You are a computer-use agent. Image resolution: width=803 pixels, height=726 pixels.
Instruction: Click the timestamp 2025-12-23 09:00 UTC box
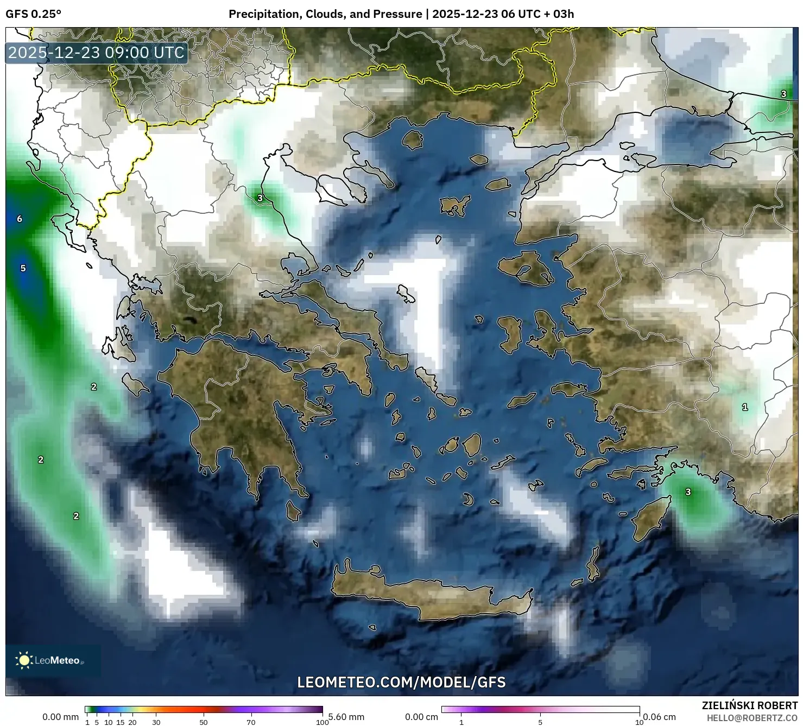(97, 53)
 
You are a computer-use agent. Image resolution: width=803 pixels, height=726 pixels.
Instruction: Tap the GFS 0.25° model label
(34, 14)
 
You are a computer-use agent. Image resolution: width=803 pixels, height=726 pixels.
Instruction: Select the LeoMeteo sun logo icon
(24, 660)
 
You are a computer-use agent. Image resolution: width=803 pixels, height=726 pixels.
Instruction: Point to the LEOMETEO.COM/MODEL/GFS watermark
(401, 682)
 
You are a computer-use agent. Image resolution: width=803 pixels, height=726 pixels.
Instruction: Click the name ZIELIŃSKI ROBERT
(749, 706)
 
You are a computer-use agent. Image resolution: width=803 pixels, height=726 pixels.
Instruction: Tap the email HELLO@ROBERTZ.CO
(752, 718)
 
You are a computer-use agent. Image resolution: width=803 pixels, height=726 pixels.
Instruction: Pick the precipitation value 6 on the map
(20, 219)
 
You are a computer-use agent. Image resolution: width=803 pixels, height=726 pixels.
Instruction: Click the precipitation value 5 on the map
(23, 268)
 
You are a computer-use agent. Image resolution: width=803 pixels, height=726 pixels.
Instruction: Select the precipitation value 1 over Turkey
(745, 407)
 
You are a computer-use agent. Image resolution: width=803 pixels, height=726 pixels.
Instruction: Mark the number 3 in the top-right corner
(783, 94)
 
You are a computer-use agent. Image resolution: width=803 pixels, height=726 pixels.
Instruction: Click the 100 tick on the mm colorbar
(323, 722)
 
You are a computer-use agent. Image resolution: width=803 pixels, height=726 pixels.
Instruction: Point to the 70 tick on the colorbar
(251, 722)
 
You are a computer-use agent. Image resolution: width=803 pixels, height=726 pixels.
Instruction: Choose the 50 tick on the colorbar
(204, 722)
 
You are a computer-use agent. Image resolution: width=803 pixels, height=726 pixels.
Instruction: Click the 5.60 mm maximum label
(346, 717)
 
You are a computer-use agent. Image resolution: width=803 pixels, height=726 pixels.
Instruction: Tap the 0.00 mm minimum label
(60, 717)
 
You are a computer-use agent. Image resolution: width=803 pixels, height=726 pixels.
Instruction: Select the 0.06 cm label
(660, 717)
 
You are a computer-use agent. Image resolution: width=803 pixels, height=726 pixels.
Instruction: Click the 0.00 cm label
(421, 717)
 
